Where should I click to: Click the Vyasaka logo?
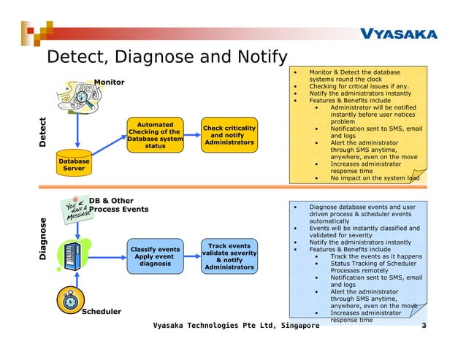click(398, 34)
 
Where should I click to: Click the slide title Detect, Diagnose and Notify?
click(167, 57)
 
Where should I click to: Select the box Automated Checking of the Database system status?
click(155, 136)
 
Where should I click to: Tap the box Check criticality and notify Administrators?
click(229, 135)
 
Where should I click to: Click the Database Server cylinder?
click(74, 161)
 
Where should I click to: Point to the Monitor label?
click(109, 82)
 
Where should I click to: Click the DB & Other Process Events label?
click(118, 205)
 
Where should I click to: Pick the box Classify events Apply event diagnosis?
click(155, 256)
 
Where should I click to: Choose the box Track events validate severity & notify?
click(229, 256)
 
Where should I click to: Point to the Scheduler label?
click(102, 312)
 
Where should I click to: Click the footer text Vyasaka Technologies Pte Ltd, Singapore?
click(235, 324)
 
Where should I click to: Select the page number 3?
click(424, 324)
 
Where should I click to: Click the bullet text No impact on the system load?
click(375, 177)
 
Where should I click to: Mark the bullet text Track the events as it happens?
click(376, 256)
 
